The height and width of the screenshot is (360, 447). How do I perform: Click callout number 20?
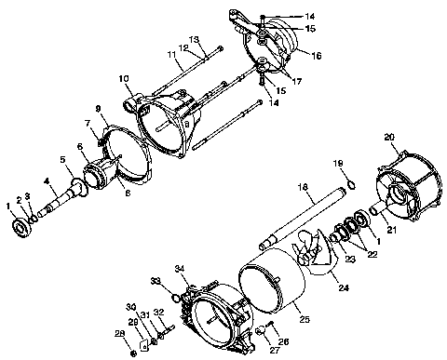coord(391,138)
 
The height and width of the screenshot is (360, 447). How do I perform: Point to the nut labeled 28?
coord(133,353)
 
